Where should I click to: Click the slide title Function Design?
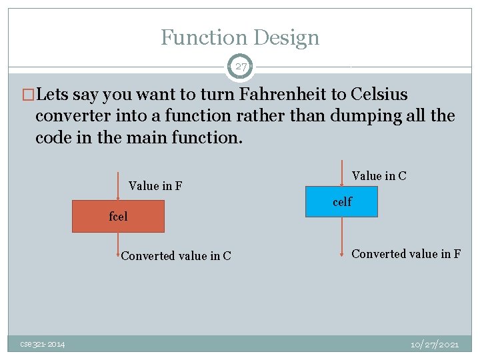(x=240, y=37)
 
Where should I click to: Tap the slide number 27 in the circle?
(x=240, y=67)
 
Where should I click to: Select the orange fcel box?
(x=118, y=216)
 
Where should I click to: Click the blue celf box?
(x=341, y=201)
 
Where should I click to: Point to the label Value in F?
(x=155, y=186)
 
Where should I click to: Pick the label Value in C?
(x=379, y=176)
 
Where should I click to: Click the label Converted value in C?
(x=176, y=256)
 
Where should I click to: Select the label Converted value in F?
(x=405, y=254)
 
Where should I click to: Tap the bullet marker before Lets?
(x=29, y=95)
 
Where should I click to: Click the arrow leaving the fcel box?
(x=118, y=245)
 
